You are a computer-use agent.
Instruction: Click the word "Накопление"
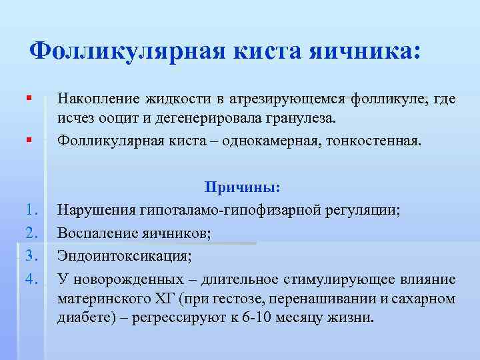tap(99, 99)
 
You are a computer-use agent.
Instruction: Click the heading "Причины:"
tap(233, 188)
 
